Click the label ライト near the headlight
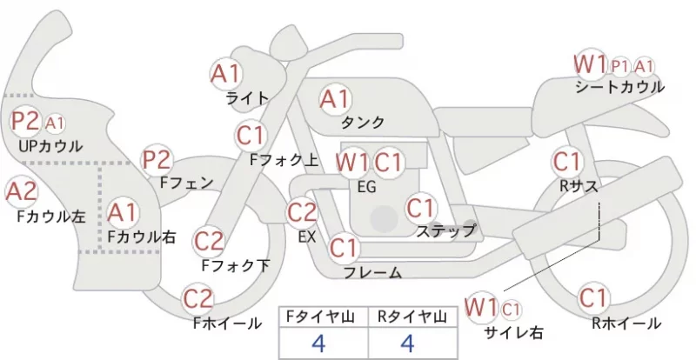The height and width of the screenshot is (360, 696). (248, 98)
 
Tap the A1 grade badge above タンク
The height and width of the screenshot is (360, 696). (335, 99)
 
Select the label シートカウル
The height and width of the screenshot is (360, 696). (619, 87)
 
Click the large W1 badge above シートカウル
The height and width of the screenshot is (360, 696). (591, 64)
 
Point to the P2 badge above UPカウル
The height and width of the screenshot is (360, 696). (25, 121)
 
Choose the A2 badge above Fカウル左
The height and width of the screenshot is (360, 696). (21, 192)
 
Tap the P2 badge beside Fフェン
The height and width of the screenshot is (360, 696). (157, 160)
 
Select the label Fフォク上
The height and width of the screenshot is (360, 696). (284, 160)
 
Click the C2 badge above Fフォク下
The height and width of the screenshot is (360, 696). (209, 242)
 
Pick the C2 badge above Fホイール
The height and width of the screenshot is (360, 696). (198, 299)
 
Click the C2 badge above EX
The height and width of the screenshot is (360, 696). (302, 212)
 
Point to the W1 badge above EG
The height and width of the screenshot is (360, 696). (352, 163)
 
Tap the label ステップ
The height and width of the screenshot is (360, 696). (445, 230)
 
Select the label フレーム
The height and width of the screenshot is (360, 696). (373, 272)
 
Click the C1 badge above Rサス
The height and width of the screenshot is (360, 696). (567, 162)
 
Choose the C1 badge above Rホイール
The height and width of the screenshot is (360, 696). (592, 298)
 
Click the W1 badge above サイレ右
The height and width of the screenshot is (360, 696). (481, 307)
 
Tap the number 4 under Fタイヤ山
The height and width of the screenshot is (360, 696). (318, 343)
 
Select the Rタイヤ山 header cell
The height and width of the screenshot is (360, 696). (412, 317)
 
